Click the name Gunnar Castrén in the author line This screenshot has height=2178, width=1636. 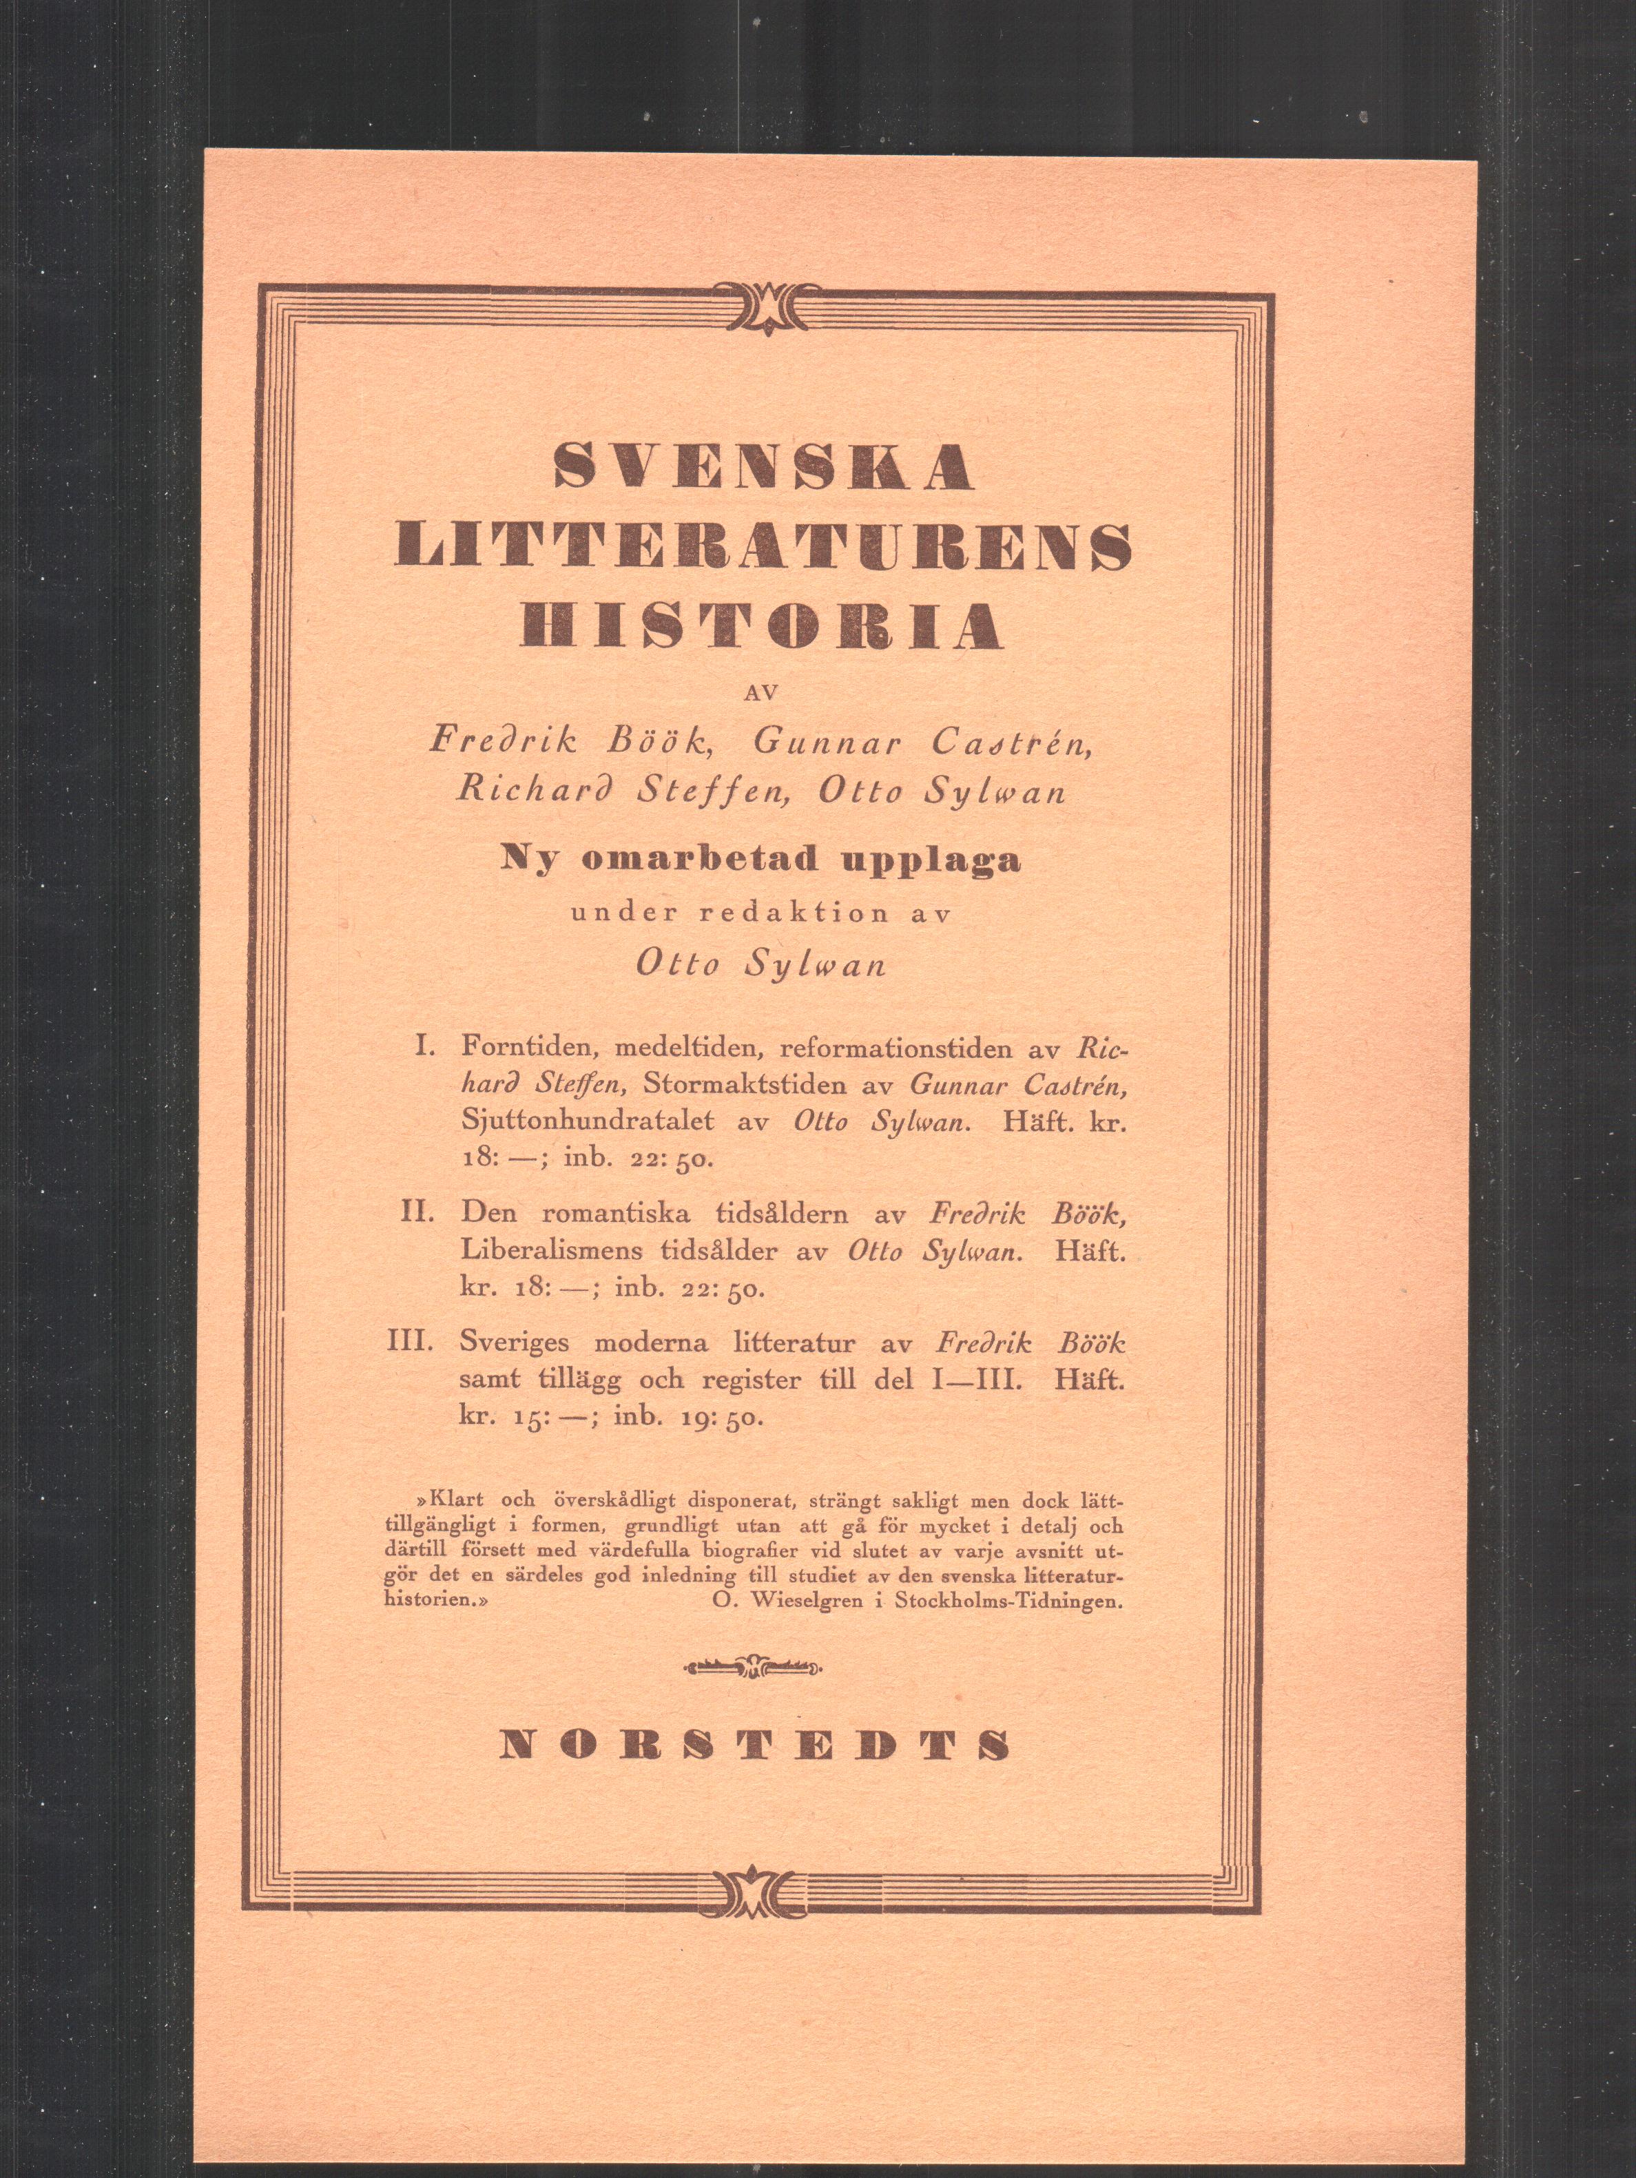pos(923,743)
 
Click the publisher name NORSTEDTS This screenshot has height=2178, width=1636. pos(754,1745)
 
